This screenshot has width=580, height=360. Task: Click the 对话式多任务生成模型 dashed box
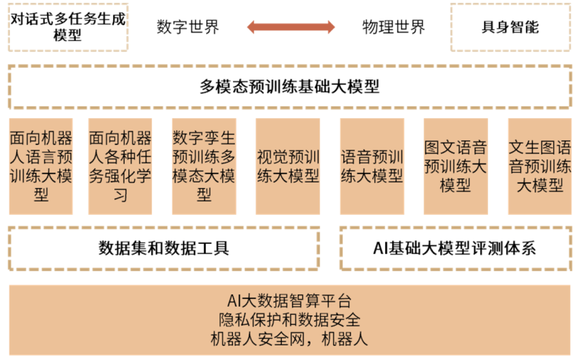68,27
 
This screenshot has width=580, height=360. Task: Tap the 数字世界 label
188,27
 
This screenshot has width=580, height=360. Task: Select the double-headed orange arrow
291,26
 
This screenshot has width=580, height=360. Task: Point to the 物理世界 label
393,27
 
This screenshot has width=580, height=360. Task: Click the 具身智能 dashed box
510,27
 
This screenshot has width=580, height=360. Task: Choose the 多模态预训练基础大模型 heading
290,87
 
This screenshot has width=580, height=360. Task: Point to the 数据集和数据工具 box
164,248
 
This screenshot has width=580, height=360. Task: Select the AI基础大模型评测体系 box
455,248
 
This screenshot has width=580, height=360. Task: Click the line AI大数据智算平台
290,300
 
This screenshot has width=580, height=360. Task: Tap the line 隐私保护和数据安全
290,320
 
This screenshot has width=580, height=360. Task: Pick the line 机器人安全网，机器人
290,339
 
